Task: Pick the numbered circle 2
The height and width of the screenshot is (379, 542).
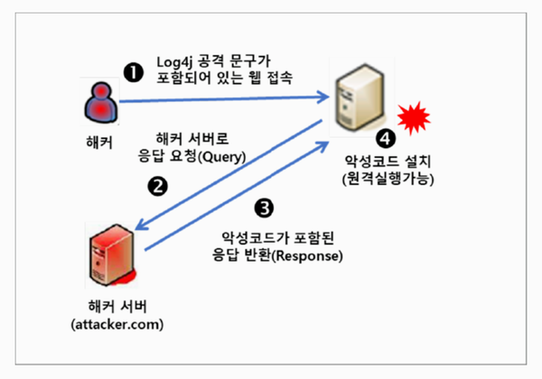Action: coord(158,187)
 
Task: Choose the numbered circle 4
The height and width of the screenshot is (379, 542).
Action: coord(387,140)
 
